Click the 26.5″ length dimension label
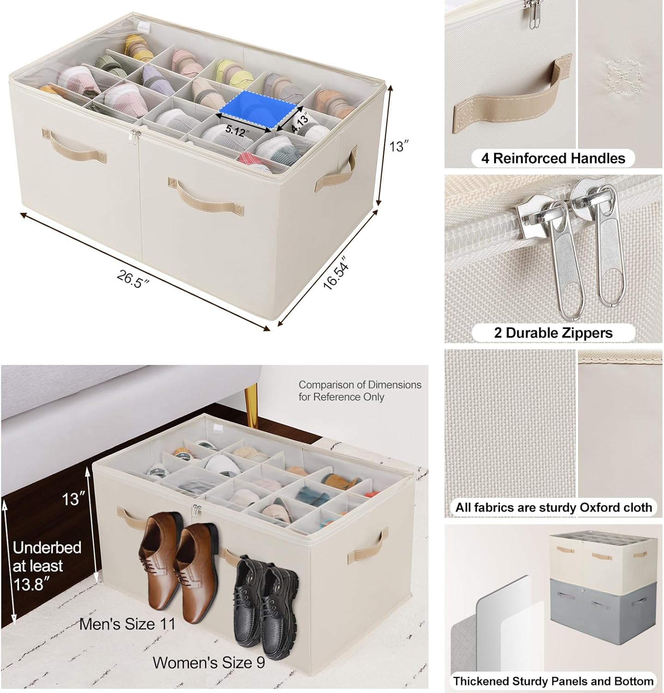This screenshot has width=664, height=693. tap(134, 279)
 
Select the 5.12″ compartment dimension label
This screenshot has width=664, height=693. tap(237, 130)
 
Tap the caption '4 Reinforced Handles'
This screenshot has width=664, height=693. tap(553, 158)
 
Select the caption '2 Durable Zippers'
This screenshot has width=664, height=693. tap(553, 333)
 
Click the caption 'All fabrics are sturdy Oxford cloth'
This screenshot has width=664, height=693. tap(553, 507)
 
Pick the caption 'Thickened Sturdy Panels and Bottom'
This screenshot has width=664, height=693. tap(553, 681)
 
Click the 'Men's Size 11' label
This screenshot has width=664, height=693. tap(128, 624)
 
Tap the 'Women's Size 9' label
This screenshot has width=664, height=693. tap(209, 663)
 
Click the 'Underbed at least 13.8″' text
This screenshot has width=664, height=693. tap(47, 565)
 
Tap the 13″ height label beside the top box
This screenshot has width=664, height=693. tap(397, 147)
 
